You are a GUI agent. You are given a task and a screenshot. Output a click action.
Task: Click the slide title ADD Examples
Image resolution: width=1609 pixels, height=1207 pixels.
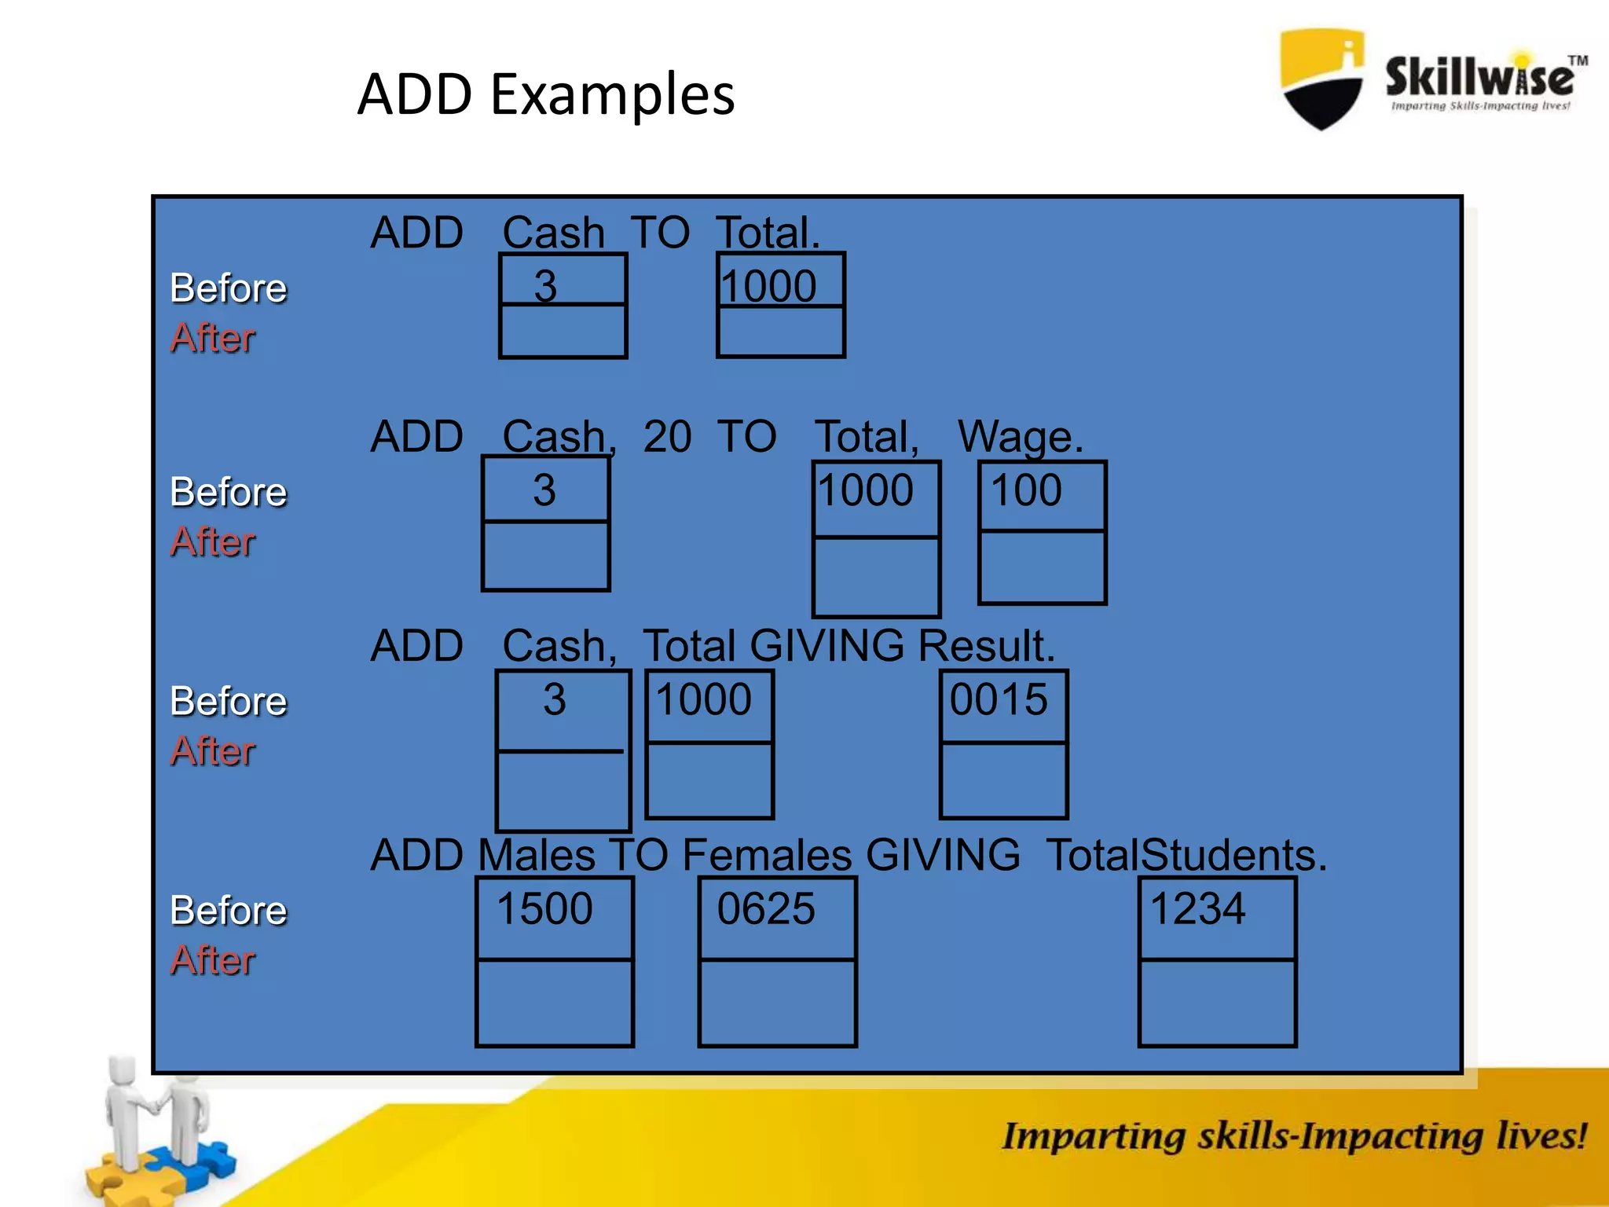click(x=545, y=94)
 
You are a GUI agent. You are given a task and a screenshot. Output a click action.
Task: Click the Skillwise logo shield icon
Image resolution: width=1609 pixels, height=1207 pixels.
click(x=1322, y=79)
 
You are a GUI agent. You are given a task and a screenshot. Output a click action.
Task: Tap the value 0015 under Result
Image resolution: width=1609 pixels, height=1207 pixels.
click(x=999, y=699)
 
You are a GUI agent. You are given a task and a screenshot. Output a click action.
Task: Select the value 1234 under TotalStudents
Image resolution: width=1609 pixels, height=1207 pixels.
click(x=1197, y=909)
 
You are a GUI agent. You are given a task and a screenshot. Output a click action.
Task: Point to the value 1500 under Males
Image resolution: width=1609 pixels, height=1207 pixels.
click(x=544, y=909)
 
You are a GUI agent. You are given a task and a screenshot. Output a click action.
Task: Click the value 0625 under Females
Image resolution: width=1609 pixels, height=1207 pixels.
click(x=766, y=909)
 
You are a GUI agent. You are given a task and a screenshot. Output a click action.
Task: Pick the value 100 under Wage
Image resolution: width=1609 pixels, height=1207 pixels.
click(x=1026, y=490)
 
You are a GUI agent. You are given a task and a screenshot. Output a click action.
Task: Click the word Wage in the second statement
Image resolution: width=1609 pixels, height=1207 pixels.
click(x=1020, y=437)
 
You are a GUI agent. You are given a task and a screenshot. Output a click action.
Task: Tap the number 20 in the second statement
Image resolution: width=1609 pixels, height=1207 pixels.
click(x=667, y=437)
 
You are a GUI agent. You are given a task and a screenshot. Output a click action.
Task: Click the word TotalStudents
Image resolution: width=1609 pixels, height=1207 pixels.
click(x=1186, y=855)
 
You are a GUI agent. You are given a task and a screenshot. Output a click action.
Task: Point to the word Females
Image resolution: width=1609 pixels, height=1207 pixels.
click(x=767, y=855)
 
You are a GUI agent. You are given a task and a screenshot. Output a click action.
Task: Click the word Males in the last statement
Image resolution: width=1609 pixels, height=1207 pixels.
click(x=537, y=855)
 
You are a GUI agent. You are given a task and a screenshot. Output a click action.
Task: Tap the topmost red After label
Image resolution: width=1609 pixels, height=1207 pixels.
click(x=213, y=338)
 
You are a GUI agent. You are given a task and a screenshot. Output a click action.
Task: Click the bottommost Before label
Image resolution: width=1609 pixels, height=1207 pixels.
click(x=229, y=911)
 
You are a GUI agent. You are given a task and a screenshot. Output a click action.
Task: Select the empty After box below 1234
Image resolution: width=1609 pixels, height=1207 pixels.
click(x=1217, y=1002)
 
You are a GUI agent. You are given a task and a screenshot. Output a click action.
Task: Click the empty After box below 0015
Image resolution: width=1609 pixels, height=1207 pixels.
click(x=1003, y=780)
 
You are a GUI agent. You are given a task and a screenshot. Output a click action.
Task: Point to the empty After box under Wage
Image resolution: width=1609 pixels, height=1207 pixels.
click(x=1042, y=567)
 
